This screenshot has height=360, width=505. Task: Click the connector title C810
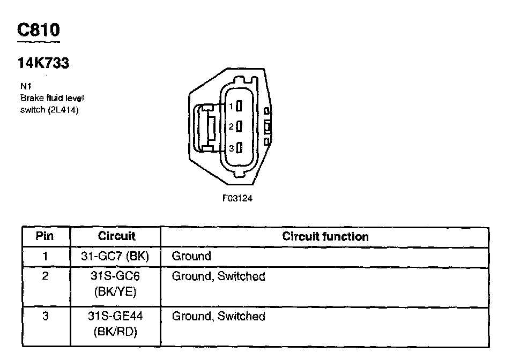38,30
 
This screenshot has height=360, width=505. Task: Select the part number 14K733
43,63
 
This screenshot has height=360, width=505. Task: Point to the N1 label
25,86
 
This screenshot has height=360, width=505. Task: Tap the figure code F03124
237,198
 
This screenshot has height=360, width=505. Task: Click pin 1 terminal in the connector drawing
240,107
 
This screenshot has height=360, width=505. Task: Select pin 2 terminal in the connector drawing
240,127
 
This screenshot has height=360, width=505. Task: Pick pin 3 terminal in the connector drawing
240,148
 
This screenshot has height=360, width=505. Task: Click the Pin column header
46,236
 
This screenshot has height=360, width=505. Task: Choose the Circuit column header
116,236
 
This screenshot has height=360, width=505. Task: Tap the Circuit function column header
325,236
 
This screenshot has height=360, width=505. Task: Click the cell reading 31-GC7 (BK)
116,256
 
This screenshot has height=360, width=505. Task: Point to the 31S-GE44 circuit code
116,317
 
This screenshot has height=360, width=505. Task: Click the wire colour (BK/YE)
116,292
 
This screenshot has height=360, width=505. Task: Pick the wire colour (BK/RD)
116,332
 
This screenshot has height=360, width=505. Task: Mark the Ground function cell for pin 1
191,256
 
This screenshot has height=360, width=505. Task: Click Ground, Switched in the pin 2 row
218,276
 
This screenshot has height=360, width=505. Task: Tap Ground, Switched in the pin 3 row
218,317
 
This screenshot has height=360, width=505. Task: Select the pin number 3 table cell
46,317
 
